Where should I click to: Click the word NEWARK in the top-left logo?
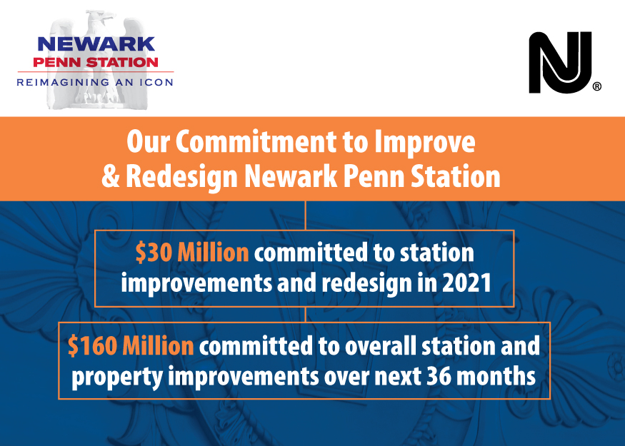click(x=96, y=44)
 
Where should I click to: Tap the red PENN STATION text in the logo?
click(x=96, y=62)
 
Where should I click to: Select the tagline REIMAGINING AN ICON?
click(x=95, y=83)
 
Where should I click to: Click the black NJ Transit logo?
click(x=560, y=63)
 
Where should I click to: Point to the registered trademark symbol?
click(x=597, y=86)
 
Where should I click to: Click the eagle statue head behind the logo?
click(x=101, y=20)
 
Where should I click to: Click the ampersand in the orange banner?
click(x=111, y=176)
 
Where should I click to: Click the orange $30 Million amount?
click(x=192, y=253)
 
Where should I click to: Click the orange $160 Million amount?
click(x=131, y=345)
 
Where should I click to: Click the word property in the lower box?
click(x=117, y=377)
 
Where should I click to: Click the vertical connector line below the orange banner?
click(x=305, y=216)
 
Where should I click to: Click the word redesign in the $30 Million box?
click(x=367, y=284)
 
